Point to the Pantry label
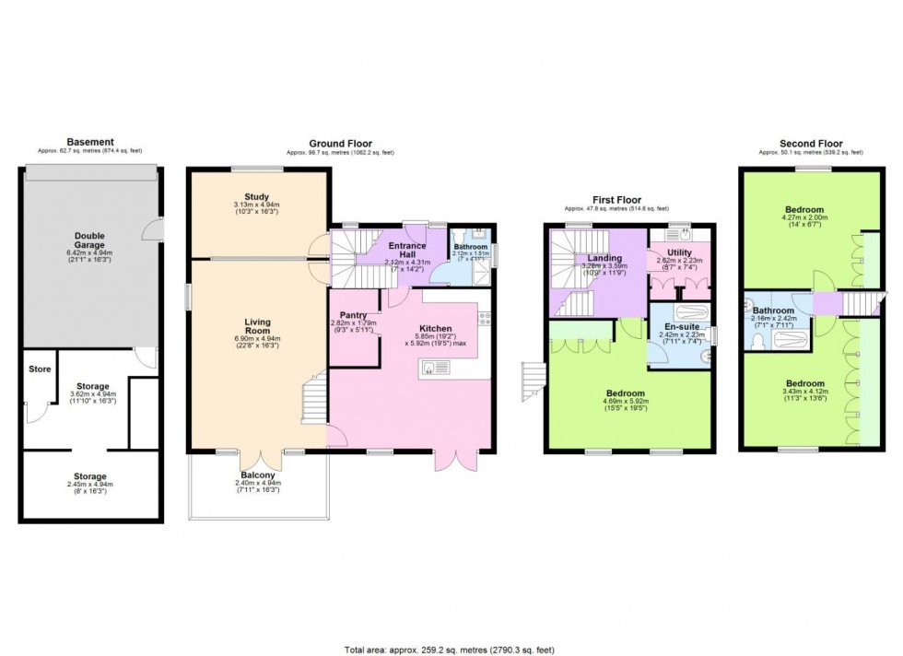point(354,315)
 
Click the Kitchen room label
point(435,328)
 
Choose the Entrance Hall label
point(406,252)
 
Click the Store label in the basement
point(39,370)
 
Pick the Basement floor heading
point(89,142)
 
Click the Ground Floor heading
point(340,144)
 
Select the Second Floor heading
point(811,144)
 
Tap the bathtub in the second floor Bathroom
point(787,341)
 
